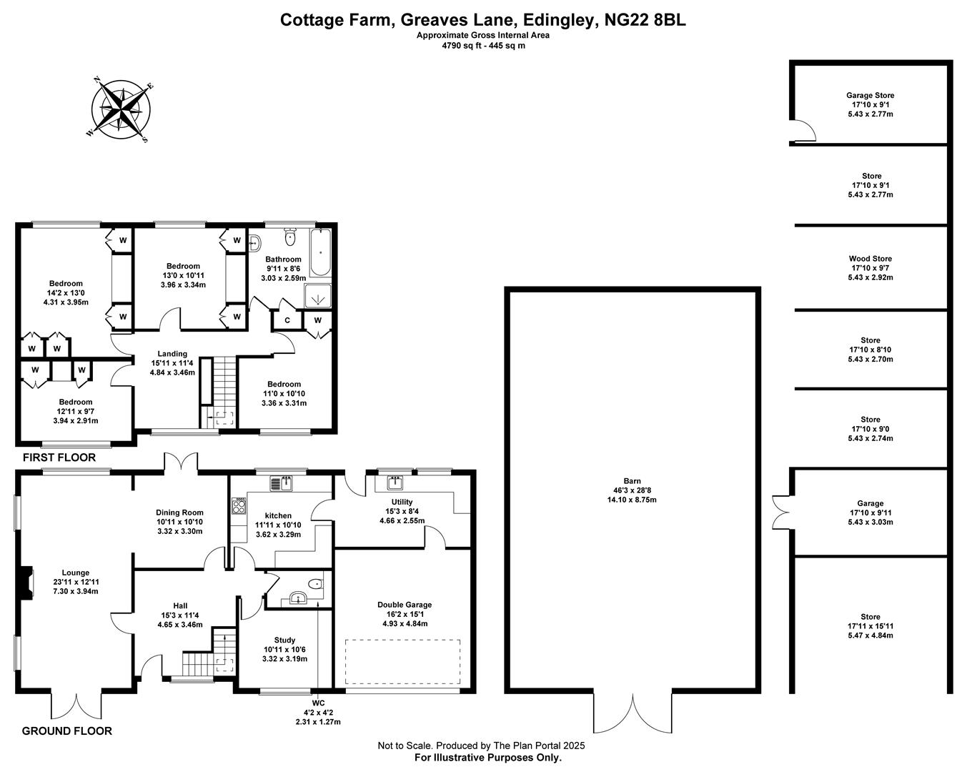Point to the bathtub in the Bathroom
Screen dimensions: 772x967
[x=321, y=254]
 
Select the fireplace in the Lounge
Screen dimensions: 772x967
[x=27, y=582]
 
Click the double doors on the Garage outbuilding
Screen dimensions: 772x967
[x=780, y=511]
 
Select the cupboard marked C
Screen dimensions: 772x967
[x=287, y=320]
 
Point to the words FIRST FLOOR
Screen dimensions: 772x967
[x=59, y=457]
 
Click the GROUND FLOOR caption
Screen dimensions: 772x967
[x=66, y=731]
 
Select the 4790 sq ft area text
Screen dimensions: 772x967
[x=482, y=46]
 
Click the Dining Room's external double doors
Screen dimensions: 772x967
[x=182, y=462]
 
